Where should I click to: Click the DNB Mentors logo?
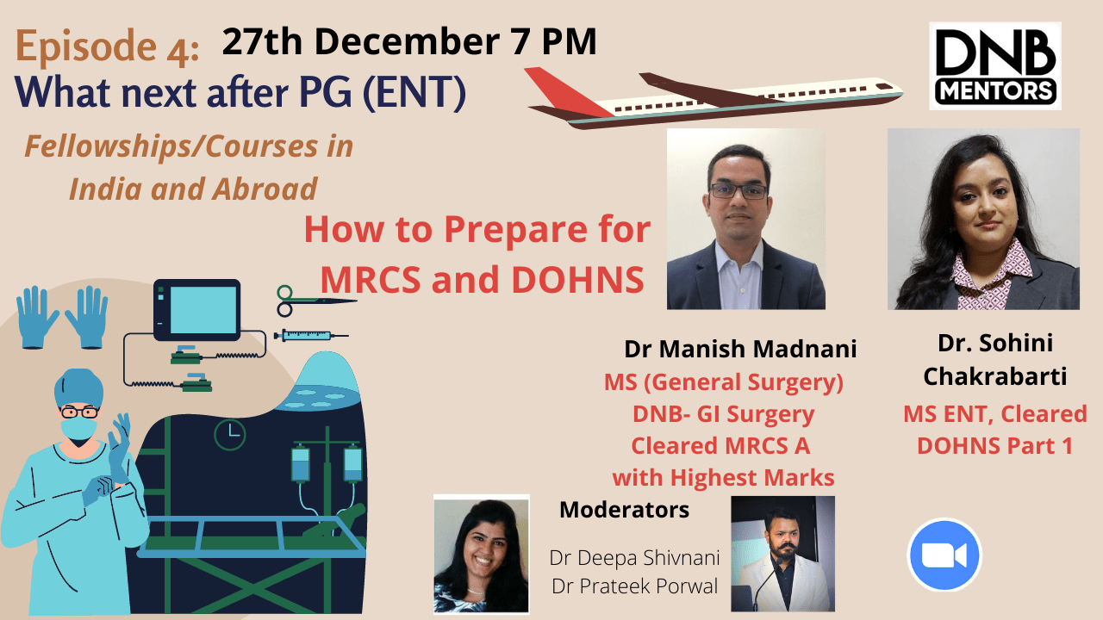[x=994, y=65]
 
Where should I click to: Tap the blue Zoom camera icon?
[x=944, y=555]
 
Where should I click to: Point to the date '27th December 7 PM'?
[x=409, y=40]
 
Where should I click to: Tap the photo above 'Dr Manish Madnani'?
[x=745, y=219]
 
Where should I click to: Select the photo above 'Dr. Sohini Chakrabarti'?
[x=983, y=219]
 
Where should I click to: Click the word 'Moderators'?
[x=624, y=510]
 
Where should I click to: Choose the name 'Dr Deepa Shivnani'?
[x=634, y=557]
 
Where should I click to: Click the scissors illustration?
[x=315, y=301]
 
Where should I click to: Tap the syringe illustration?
[x=310, y=335]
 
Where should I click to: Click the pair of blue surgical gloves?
[x=62, y=316]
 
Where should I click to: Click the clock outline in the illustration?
[x=229, y=435]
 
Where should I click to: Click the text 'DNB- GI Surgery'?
[x=723, y=414]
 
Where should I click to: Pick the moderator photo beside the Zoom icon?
[x=782, y=553]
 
